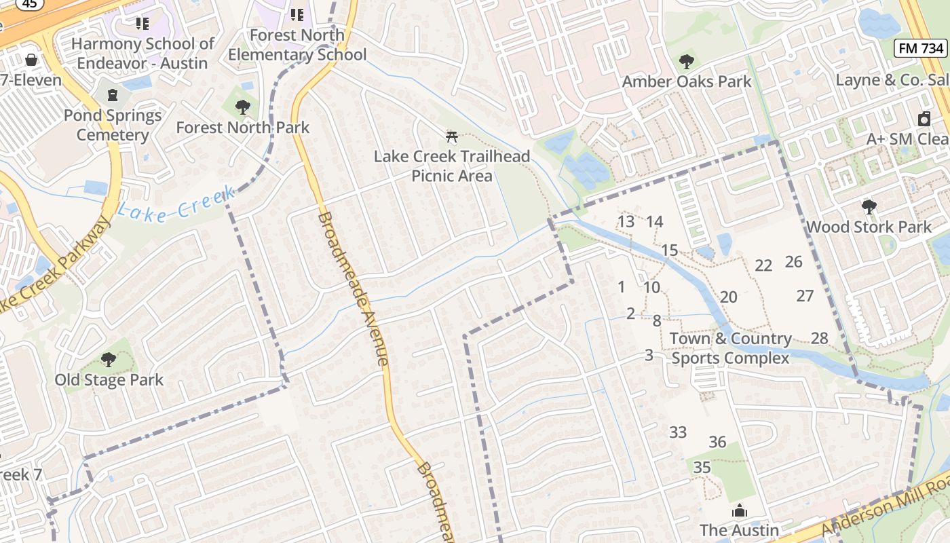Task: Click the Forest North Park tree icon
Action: [242, 107]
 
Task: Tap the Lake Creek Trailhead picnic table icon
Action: [452, 136]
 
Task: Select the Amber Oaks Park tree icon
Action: [687, 62]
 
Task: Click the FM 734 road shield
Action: [920, 48]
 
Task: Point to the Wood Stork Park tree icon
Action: [869, 207]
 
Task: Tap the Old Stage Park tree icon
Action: [109, 360]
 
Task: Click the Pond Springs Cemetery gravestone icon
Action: [113, 94]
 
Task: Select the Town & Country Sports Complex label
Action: [730, 348]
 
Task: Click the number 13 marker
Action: [626, 221]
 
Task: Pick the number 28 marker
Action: [820, 338]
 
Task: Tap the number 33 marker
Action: [678, 432]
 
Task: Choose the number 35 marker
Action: [702, 467]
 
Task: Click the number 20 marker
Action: [728, 297]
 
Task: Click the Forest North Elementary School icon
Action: [297, 14]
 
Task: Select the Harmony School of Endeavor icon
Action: [142, 24]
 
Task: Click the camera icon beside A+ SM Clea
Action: [924, 119]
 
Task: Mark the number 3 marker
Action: [649, 355]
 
